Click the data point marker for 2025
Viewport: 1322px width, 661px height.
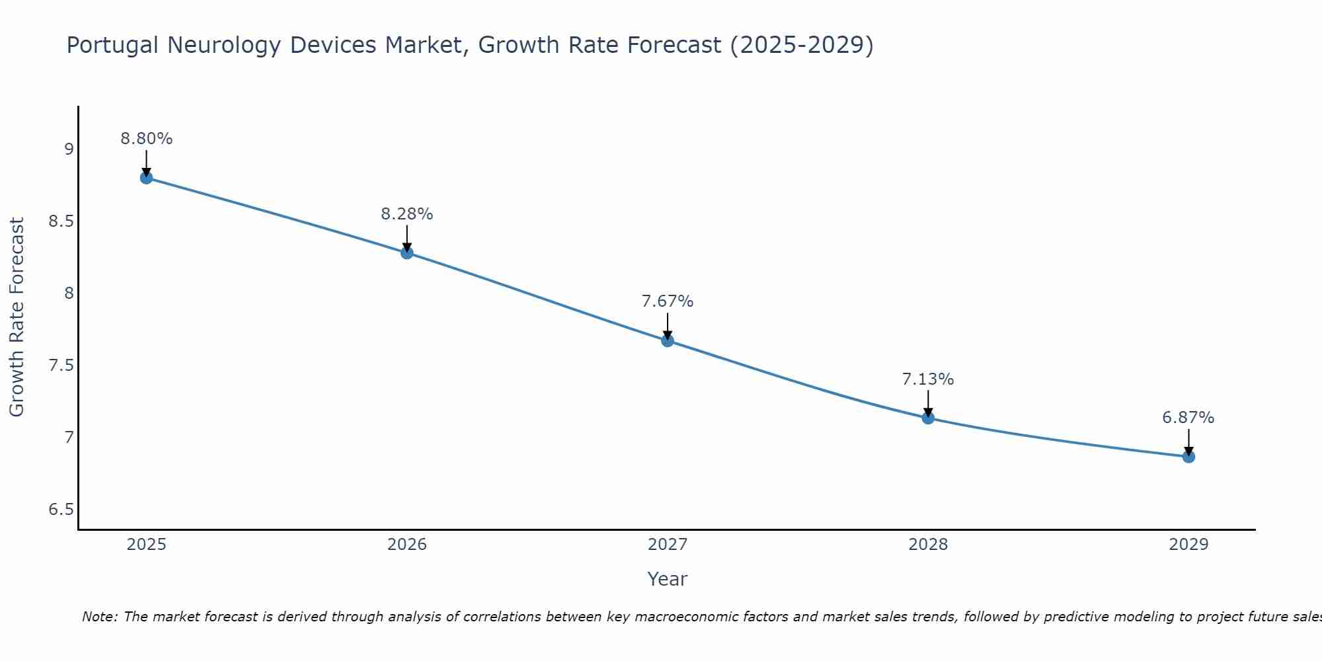147,178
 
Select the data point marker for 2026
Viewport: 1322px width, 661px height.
407,253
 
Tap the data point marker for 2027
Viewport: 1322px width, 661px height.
668,340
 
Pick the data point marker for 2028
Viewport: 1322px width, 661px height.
928,418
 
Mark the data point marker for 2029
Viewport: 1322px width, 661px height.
1188,456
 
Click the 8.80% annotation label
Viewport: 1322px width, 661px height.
147,139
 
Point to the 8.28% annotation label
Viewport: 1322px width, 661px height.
407,214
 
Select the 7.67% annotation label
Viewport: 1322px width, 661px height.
668,301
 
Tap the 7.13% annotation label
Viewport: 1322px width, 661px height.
928,379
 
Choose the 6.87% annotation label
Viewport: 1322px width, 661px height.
1188,418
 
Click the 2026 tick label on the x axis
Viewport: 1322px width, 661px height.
407,545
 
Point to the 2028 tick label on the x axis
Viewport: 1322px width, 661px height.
928,545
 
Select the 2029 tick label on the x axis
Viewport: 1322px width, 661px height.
1188,545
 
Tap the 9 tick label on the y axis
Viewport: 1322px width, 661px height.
69,149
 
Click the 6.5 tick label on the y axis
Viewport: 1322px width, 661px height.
61,510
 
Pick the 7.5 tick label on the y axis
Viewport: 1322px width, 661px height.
61,366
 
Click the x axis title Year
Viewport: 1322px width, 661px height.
668,579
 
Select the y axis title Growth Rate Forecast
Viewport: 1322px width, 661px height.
17,317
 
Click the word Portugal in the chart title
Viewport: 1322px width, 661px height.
113,46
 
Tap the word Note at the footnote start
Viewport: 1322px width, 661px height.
99,617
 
